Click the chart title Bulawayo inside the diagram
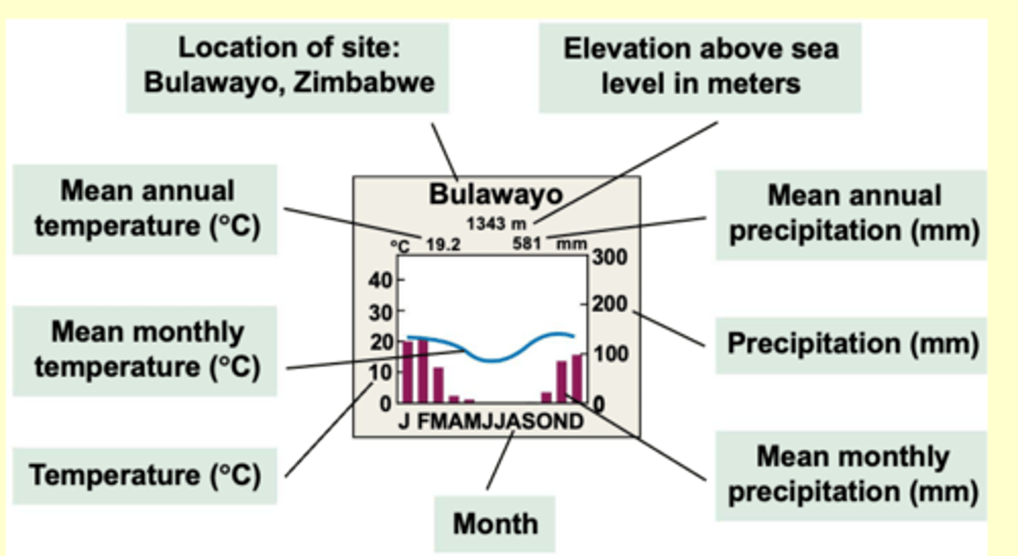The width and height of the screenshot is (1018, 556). coord(496,195)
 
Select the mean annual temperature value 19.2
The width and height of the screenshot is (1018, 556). coord(443,245)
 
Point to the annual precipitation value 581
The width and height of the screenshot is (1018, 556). coord(527,245)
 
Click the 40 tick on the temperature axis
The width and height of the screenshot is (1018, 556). coord(380,280)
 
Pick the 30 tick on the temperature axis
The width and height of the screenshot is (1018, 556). coord(380,311)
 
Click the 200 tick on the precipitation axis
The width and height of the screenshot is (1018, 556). coord(609,305)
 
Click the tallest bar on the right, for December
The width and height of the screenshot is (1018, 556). coord(578,377)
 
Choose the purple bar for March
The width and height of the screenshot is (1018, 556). coord(438,384)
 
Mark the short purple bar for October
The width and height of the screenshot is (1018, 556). coord(546,397)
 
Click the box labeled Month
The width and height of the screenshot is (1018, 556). coord(495,524)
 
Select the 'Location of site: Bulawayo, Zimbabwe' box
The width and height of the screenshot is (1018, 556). coord(288,67)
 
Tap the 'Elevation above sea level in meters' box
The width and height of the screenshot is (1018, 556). coord(700,67)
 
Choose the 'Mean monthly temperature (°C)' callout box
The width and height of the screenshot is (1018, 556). coord(145,350)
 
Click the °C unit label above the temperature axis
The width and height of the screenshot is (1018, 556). coord(401,246)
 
